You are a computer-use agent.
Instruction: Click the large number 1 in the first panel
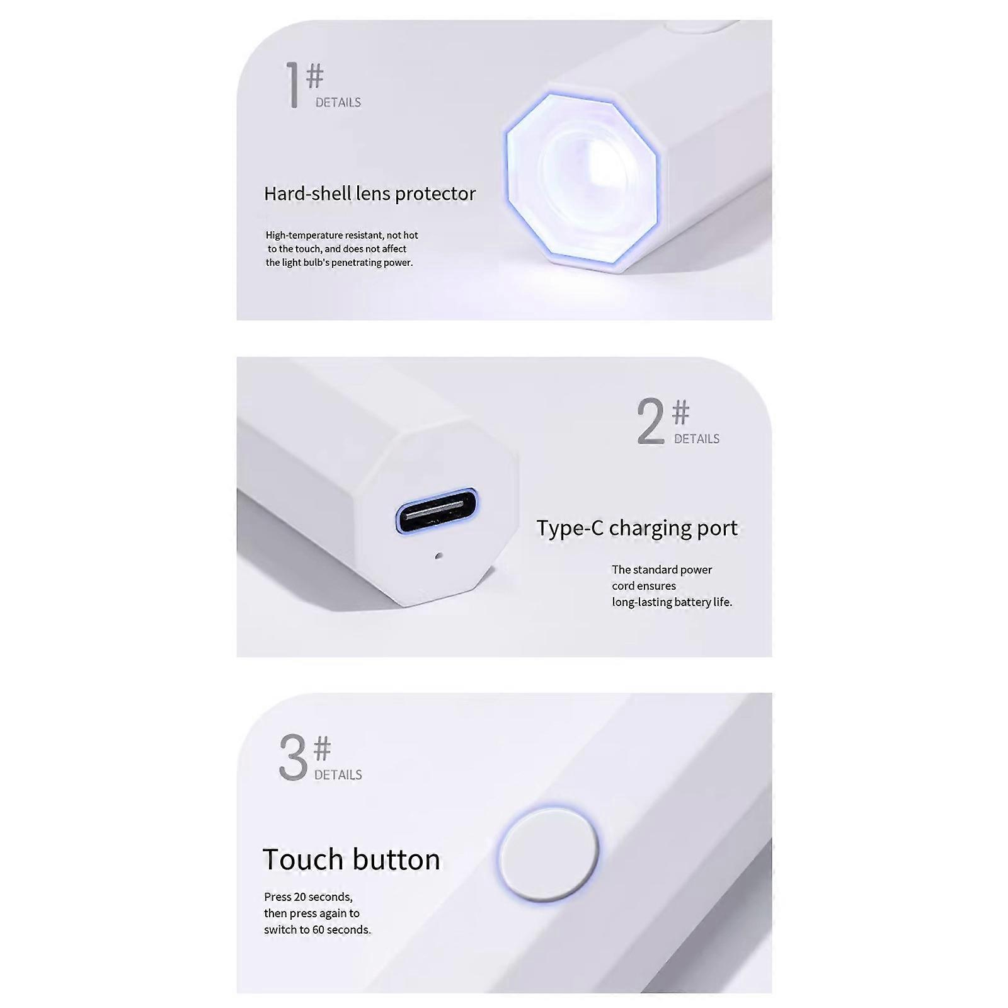[292, 85]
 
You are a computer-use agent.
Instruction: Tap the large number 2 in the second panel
[651, 421]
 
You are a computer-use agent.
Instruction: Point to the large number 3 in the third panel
[293, 757]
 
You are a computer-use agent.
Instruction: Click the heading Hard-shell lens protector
[370, 194]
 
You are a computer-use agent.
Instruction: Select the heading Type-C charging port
[637, 528]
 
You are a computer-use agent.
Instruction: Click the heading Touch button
[352, 859]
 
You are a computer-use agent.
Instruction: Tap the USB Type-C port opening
[437, 510]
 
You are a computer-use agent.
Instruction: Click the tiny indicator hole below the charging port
[439, 556]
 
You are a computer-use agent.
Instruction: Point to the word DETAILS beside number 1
[338, 103]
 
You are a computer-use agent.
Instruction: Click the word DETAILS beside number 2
[697, 439]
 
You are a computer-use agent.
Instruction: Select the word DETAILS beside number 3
[338, 775]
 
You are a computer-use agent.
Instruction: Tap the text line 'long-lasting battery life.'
[672, 602]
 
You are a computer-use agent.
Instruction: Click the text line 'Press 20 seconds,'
[308, 897]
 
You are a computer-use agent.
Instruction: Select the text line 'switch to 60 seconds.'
[318, 930]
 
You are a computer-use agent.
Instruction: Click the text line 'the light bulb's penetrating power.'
[340, 263]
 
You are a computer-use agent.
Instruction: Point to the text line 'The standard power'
[662, 570]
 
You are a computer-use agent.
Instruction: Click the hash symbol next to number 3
[322, 748]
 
